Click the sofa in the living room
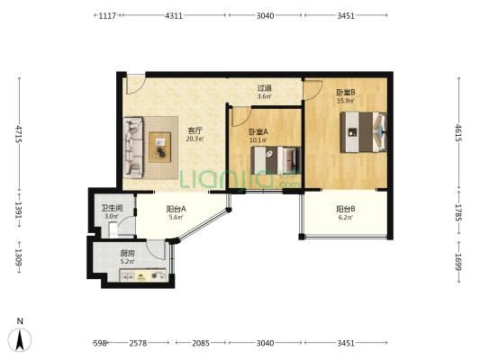[133, 148]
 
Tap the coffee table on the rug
[159, 147]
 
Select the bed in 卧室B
[363, 132]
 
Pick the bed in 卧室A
[276, 160]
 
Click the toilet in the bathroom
[113, 229]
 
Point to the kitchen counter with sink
[143, 275]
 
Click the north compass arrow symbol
[20, 340]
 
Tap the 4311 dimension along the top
[174, 15]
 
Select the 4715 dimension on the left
[19, 134]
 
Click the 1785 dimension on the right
[458, 212]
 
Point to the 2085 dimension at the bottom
[201, 343]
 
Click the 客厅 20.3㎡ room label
[195, 135]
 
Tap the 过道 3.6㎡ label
[264, 92]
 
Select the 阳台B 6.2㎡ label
[346, 213]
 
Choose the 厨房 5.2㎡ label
[127, 257]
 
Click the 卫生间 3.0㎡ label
[112, 212]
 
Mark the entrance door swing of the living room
[136, 85]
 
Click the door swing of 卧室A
[241, 117]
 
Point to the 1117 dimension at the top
[107, 15]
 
